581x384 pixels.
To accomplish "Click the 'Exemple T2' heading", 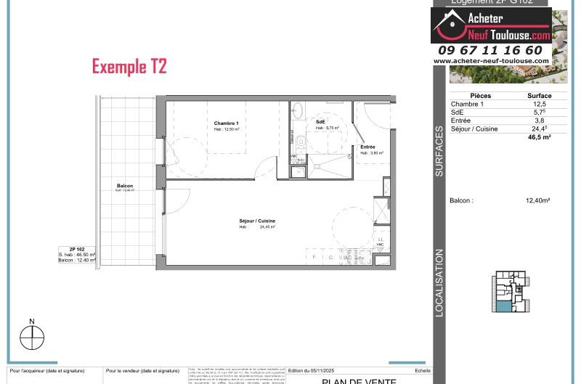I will click(x=129, y=67).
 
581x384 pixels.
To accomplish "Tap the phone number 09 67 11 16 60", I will click(x=490, y=50).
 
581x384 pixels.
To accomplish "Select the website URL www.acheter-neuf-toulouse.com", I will click(x=490, y=61).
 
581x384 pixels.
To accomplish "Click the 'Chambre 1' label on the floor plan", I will click(x=226, y=123).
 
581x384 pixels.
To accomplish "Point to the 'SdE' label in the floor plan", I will click(x=320, y=121).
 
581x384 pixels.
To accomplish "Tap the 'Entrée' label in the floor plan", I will click(x=367, y=147).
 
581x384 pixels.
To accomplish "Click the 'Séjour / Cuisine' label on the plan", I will click(x=257, y=221).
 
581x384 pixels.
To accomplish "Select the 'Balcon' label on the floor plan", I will click(x=125, y=187).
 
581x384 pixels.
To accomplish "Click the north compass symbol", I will click(x=32, y=337).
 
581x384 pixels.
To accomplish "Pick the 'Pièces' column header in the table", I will click(x=480, y=96).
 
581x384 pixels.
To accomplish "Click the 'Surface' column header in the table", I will click(x=539, y=96).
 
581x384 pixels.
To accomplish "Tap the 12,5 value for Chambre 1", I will click(x=539, y=105).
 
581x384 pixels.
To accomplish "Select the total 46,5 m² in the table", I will click(x=539, y=136).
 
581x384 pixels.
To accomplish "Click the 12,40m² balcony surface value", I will click(x=537, y=200).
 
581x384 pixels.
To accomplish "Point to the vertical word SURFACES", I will click(x=439, y=152).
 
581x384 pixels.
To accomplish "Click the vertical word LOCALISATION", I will click(x=439, y=283).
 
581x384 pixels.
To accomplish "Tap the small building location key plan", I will click(x=512, y=292).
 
